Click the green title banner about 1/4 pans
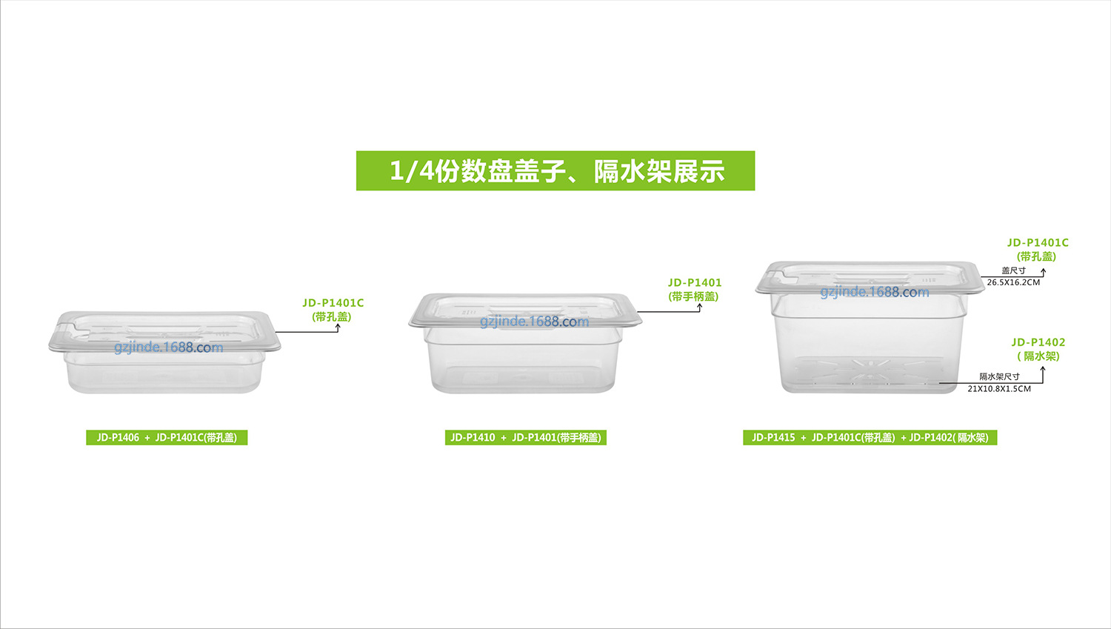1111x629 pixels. (555, 170)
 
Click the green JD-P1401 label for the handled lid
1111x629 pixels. (695, 283)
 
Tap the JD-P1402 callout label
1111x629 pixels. (1038, 342)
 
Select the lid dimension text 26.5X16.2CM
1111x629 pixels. (1013, 282)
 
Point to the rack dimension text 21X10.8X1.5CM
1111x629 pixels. (999, 389)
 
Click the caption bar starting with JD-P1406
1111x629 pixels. (167, 438)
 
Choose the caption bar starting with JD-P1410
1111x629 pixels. (526, 438)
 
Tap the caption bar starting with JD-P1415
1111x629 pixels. (870, 438)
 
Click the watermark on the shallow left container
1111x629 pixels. (169, 347)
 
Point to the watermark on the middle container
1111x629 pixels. (535, 322)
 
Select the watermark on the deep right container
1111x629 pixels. (875, 292)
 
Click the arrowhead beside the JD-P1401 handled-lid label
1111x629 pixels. (699, 306)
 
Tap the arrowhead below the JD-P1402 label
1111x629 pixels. (1043, 370)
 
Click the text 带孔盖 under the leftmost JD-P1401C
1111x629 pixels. (331, 316)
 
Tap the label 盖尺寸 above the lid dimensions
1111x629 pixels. (1013, 271)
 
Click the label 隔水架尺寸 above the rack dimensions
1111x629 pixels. (999, 377)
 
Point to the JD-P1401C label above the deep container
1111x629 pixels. (1038, 243)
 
